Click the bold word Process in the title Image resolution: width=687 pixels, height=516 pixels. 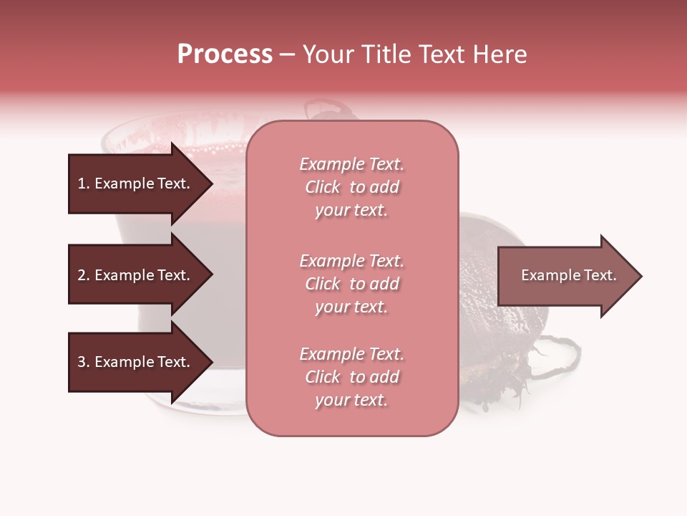(225, 54)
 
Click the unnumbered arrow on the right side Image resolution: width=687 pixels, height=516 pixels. (565, 276)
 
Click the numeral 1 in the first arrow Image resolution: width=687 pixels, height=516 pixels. (81, 183)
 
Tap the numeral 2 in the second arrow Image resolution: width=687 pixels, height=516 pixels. (82, 275)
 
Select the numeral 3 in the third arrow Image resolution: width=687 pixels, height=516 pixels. (82, 362)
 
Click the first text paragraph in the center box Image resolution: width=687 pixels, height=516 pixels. (351, 187)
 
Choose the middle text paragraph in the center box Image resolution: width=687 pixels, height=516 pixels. (351, 284)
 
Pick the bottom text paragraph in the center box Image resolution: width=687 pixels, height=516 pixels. (351, 377)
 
